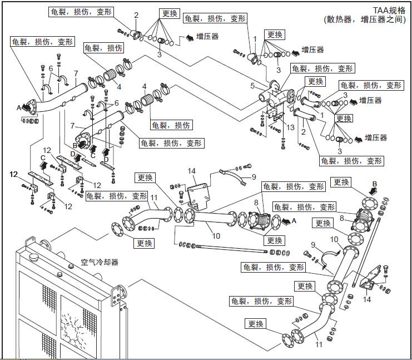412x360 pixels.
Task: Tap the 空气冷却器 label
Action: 100,262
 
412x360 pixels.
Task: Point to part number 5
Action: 252,86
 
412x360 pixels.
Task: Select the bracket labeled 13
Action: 274,116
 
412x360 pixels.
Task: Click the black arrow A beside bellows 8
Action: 288,221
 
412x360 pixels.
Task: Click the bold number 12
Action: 14,174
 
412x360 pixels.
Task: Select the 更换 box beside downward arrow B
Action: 341,183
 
